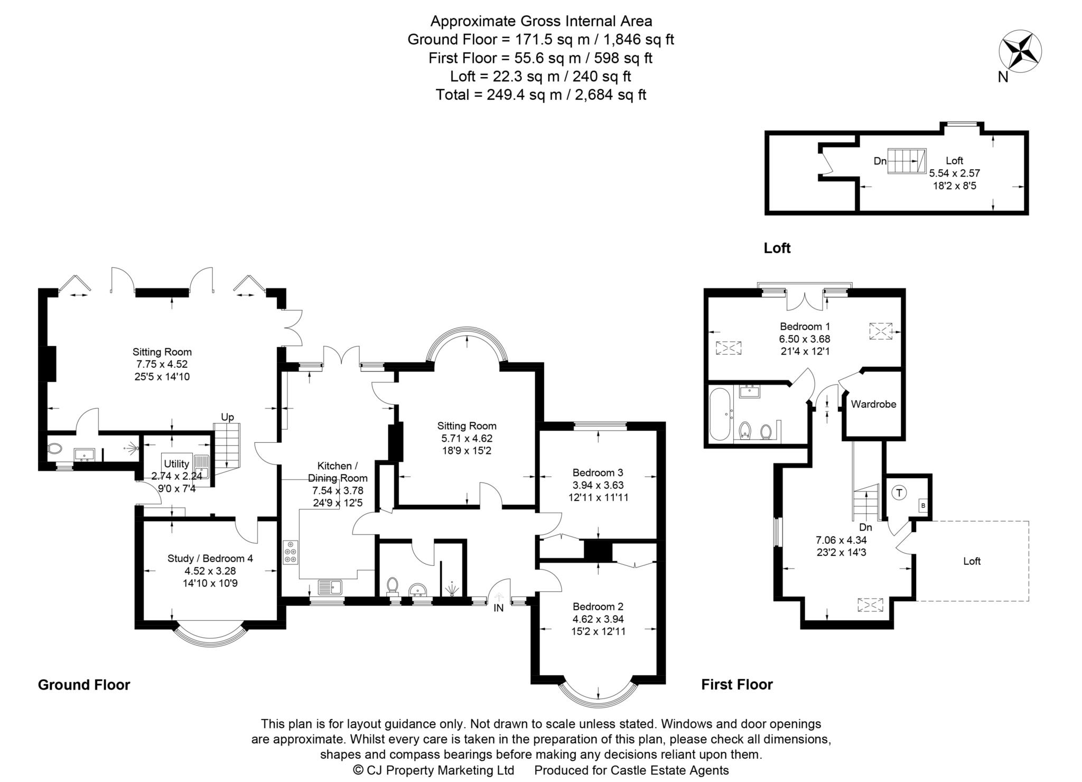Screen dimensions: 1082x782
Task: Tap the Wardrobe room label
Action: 873,404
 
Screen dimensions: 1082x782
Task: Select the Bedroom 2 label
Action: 598,606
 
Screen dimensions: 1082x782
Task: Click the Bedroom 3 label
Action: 598,472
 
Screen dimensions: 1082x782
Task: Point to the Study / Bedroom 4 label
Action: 210,558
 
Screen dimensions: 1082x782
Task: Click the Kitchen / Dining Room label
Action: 338,472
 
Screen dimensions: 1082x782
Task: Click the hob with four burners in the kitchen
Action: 290,553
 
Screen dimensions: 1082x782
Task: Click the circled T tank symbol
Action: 899,493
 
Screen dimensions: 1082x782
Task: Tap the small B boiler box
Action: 923,506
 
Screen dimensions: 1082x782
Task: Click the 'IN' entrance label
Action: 498,608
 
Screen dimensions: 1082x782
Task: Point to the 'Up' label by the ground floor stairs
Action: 227,417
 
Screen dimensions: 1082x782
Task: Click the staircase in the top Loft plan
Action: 907,161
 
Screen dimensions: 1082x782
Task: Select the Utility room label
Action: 176,464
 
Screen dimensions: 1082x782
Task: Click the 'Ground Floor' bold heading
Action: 84,685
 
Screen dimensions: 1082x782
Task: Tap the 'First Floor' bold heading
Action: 736,685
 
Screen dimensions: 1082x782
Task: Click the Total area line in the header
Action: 540,95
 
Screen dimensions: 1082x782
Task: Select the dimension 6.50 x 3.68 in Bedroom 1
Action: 801,339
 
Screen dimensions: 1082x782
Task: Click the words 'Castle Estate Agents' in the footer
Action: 669,770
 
